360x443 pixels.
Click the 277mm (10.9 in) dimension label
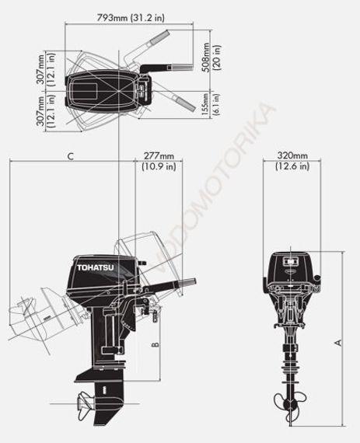(x=159, y=159)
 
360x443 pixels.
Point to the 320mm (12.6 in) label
(x=292, y=159)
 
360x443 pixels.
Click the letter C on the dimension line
(x=70, y=156)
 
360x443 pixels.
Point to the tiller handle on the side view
(x=162, y=288)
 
